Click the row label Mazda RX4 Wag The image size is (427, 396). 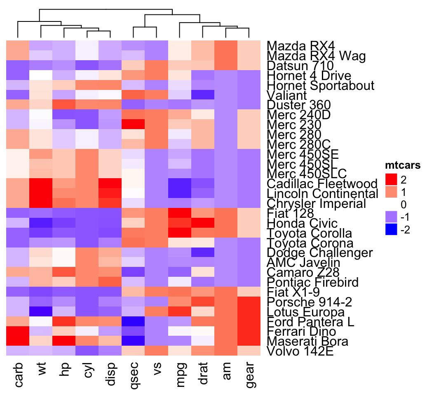316,56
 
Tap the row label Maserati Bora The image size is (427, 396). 307,342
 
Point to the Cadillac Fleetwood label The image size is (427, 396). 322,184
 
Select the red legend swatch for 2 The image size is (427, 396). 391,179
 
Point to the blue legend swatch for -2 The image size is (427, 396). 391,230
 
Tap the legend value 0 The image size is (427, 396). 403,205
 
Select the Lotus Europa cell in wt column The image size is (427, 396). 41,311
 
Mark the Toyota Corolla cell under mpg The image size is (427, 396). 180,233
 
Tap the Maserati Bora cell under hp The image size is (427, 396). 64,341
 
